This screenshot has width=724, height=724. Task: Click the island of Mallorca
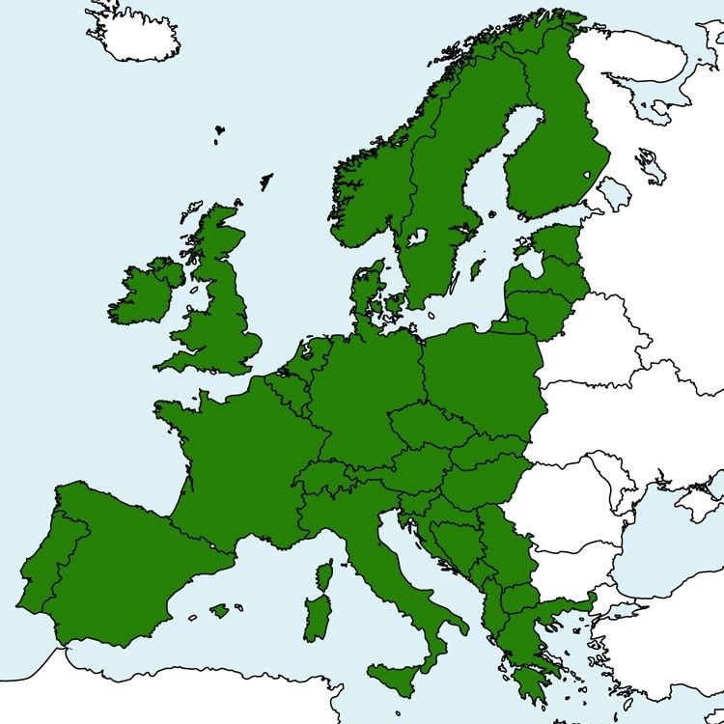coord(221,610)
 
